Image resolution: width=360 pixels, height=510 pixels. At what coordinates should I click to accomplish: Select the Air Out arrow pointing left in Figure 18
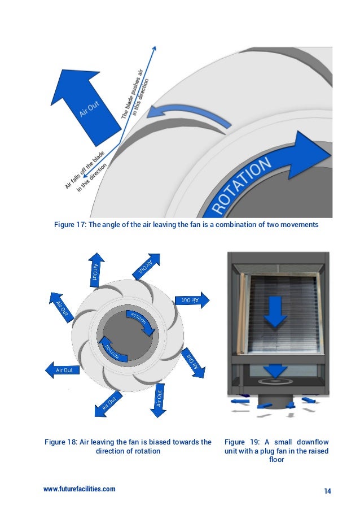(x=62, y=370)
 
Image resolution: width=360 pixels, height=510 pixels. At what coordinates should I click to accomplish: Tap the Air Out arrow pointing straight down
(x=159, y=399)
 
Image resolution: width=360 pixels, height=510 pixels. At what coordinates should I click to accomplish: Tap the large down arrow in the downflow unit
(x=275, y=310)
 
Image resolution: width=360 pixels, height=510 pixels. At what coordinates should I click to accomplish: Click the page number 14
(x=327, y=490)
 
